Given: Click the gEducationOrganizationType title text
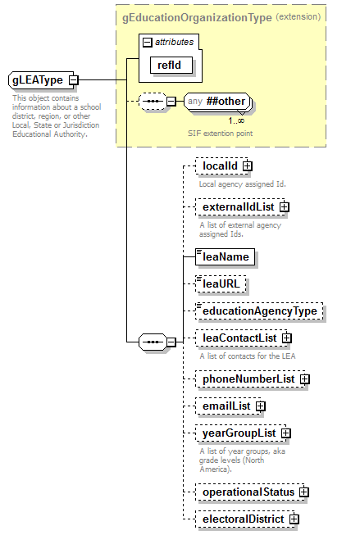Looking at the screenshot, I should tap(196, 16).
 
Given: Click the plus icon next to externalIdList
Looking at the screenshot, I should tap(285, 207).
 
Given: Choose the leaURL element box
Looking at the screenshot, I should tap(221, 284).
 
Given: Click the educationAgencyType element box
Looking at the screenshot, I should tap(259, 311).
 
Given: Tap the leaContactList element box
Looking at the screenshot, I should tap(242, 338).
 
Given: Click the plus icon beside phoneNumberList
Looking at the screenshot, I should tap(304, 379).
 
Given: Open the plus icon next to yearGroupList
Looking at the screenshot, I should tap(286, 433).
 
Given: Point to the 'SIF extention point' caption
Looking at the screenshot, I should tap(219, 133).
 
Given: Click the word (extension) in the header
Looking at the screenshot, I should tap(298, 16).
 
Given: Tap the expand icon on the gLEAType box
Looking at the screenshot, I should tap(74, 80).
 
